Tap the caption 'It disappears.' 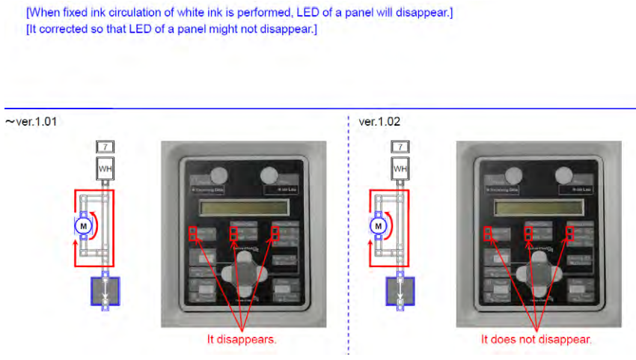242,339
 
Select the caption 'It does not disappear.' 536,339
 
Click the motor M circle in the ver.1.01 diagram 84,225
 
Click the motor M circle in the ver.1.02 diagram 379,225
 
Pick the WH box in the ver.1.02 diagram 401,168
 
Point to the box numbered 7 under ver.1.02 401,147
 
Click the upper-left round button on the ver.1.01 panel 217,177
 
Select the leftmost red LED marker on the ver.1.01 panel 192,234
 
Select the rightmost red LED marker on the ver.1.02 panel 570,234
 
